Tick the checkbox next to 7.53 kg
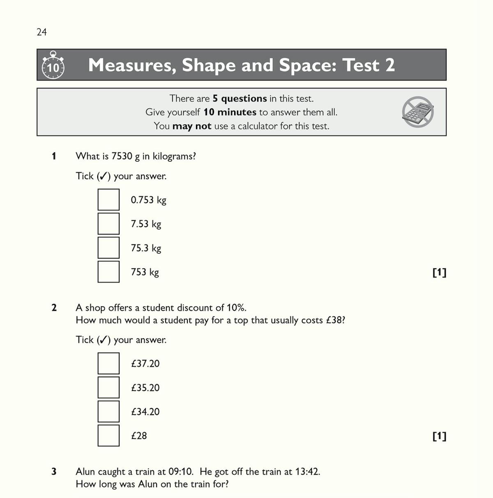108,224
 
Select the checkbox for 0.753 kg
108,200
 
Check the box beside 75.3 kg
108,248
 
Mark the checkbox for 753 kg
108,272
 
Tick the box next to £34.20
108,411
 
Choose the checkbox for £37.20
108,363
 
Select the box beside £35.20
108,387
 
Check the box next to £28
108,436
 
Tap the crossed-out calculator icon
418,112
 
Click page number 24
41,32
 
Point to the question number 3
54,471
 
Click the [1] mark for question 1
439,272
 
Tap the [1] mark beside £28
439,436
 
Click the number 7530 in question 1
122,156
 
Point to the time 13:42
307,471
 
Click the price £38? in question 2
335,320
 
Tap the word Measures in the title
131,65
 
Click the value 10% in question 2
236,308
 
